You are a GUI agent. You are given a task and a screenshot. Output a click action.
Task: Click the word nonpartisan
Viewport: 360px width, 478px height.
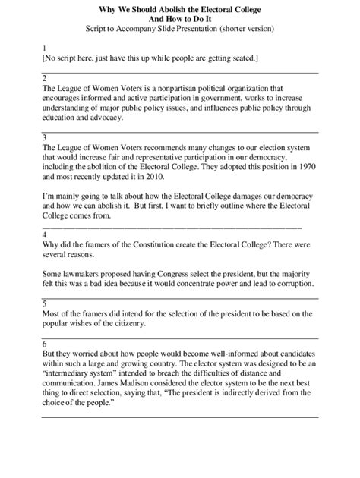[205, 88]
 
